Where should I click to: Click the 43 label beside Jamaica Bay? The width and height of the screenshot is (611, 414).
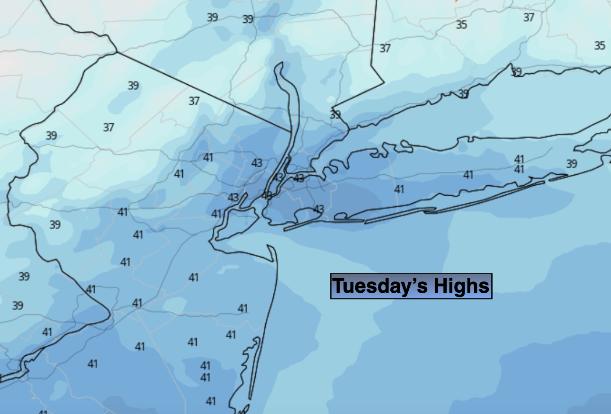[x=319, y=209]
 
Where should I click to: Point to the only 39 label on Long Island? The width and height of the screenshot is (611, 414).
[x=572, y=164]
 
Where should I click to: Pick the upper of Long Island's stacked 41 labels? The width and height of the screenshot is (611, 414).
[x=519, y=159]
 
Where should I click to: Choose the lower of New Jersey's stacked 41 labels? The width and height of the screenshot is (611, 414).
[x=205, y=378]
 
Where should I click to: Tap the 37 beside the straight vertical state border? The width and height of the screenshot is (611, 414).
[x=385, y=48]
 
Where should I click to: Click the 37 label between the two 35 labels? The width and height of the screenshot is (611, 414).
[x=529, y=18]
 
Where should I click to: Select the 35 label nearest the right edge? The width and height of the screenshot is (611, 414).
[x=600, y=45]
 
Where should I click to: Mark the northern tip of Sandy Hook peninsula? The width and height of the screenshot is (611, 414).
[x=270, y=246]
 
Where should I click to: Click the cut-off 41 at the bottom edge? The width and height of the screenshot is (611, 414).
[x=43, y=412]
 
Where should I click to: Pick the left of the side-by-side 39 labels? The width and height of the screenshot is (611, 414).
[x=212, y=18]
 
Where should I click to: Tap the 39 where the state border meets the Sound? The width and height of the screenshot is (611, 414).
[x=335, y=115]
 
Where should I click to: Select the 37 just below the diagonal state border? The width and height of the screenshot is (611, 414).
[x=194, y=101]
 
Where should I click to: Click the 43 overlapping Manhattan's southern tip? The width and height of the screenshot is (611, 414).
[x=267, y=195]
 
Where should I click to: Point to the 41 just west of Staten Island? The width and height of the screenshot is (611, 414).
[x=216, y=214]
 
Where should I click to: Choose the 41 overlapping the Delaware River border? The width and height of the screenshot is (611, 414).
[x=90, y=289]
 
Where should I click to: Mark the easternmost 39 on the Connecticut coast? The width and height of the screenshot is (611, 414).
[x=516, y=72]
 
